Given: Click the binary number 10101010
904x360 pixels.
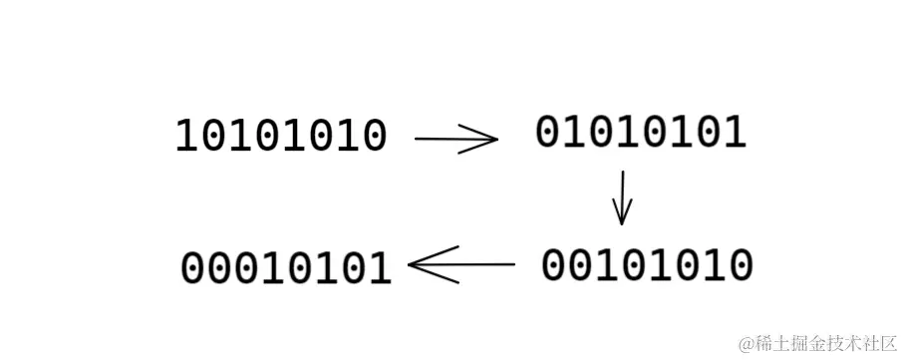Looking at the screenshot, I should tap(281, 137).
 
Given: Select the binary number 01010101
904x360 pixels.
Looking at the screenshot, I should tap(641, 133).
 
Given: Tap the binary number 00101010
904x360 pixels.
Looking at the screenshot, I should tap(647, 265).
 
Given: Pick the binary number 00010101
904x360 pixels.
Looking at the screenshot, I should tap(286, 268).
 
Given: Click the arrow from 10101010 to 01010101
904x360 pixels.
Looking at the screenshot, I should tap(455, 140).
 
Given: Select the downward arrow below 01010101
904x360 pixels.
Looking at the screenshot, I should tap(623, 196).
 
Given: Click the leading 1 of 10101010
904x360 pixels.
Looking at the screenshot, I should tap(187, 137).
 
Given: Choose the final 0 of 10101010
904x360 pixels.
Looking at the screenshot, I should tap(374, 137).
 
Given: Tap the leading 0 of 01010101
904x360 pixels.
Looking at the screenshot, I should tap(548, 133).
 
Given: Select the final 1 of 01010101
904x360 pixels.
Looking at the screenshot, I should tap(734, 133).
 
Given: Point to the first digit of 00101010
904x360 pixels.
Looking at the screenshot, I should tap(554, 265).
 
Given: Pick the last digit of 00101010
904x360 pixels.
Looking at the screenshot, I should tap(740, 265).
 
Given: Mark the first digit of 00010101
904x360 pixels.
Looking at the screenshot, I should tap(193, 268).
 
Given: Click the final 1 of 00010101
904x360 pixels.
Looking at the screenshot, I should tap(380, 268).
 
